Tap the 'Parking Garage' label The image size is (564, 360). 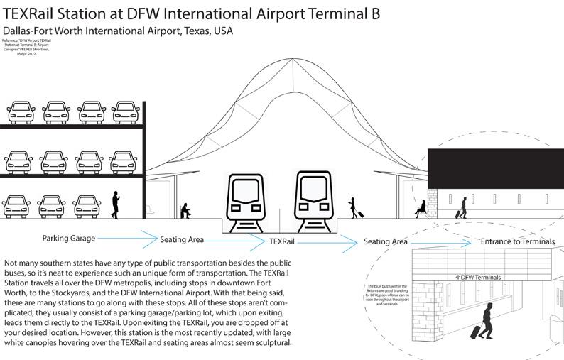68,239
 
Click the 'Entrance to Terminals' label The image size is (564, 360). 517,241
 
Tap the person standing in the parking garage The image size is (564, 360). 115,204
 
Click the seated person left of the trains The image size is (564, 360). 185,209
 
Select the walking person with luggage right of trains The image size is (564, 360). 353,207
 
